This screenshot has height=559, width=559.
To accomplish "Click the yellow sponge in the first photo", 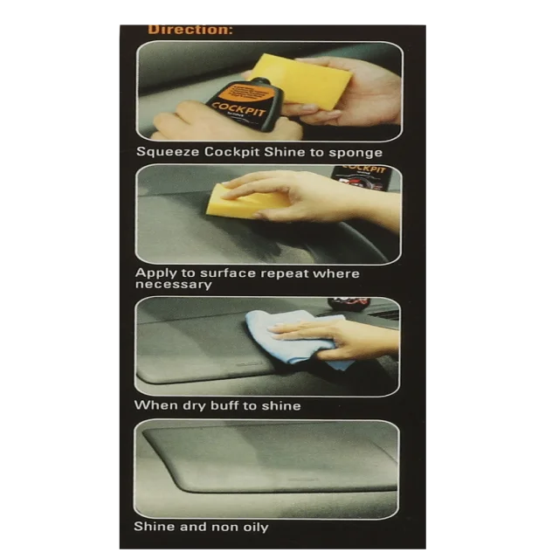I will point(301,80).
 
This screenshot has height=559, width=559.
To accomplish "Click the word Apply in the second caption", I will point(154,273).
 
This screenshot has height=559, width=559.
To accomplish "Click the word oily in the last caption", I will point(252,527).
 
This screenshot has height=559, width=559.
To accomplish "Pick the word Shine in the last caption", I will point(154,527).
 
